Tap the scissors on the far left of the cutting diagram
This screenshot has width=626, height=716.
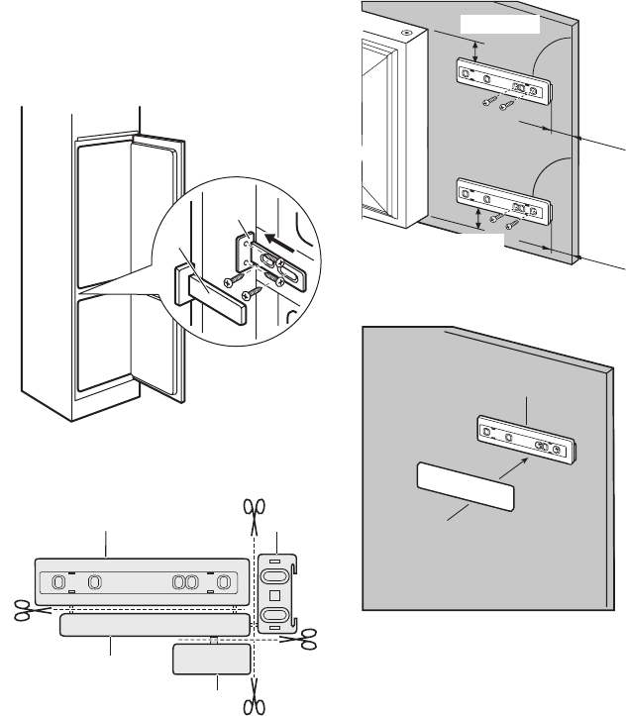point(19,610)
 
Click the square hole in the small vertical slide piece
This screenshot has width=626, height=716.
point(277,596)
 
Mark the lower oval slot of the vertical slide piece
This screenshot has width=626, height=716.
point(277,620)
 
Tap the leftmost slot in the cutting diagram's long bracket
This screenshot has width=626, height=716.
point(58,581)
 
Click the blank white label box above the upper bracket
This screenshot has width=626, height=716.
point(502,23)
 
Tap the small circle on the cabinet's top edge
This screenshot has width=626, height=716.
point(406,32)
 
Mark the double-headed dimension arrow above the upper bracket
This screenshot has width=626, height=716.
point(477,52)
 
